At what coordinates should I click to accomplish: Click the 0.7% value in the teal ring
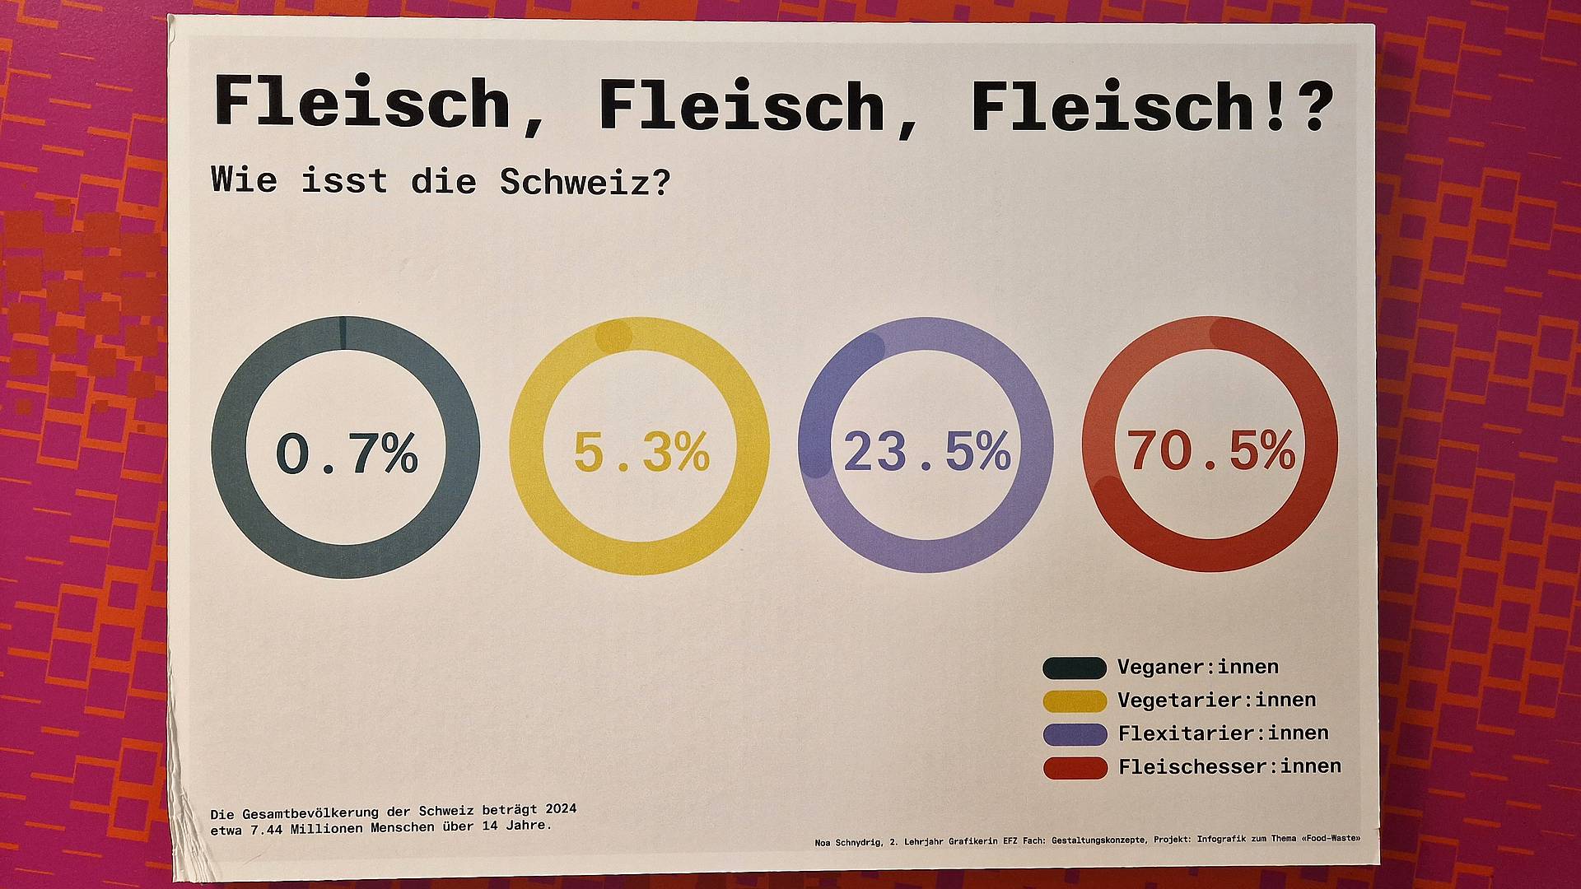pos(347,453)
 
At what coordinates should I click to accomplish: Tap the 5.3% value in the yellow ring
pos(641,452)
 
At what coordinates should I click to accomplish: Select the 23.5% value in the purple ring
pos(927,451)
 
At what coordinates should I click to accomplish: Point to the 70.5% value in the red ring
pos(1210,450)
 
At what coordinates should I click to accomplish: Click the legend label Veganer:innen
pos(1186,667)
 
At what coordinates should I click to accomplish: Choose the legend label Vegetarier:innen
pos(1216,700)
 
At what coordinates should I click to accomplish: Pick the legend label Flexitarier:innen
pos(1223,733)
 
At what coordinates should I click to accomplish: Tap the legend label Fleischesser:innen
pos(1229,766)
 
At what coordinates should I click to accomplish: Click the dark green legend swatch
pos(1075,668)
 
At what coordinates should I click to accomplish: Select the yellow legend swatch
pos(1075,700)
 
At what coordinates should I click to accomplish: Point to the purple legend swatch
pos(1075,734)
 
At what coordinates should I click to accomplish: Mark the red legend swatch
pos(1075,768)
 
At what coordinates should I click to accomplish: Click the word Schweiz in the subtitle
pos(584,181)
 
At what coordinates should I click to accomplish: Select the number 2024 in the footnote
pos(560,809)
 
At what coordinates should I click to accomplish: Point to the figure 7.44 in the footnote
pos(266,828)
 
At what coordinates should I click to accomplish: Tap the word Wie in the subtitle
pos(244,179)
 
